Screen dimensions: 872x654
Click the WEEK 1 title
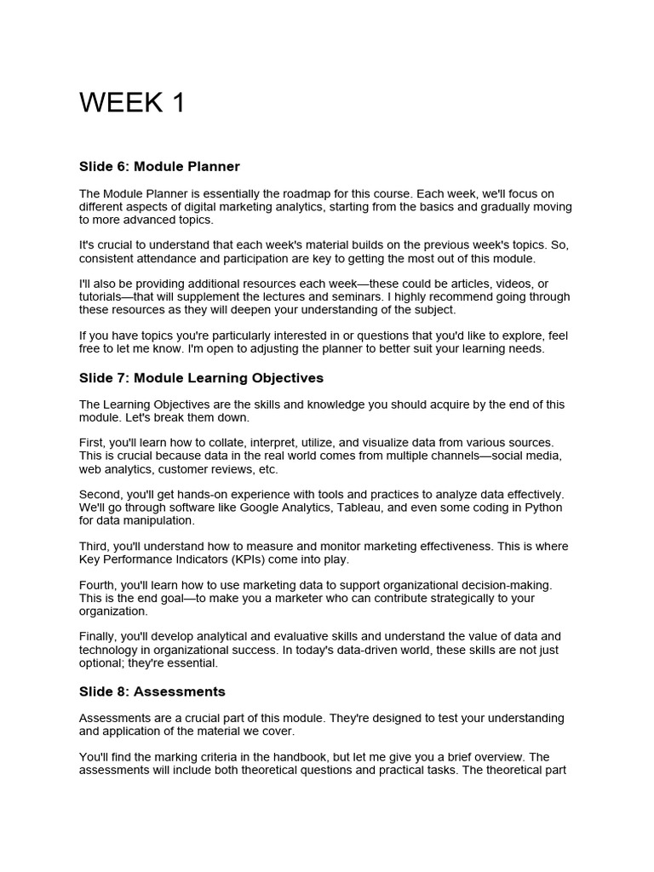(132, 103)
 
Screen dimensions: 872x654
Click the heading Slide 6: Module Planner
(159, 166)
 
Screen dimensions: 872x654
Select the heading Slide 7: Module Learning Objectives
(201, 377)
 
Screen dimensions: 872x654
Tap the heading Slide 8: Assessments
(152, 691)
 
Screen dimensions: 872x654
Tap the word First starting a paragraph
(93, 443)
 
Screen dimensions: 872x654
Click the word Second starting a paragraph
(101, 495)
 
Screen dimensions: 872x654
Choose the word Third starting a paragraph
(95, 547)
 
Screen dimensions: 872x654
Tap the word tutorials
(101, 297)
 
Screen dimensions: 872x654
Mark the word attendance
(167, 258)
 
